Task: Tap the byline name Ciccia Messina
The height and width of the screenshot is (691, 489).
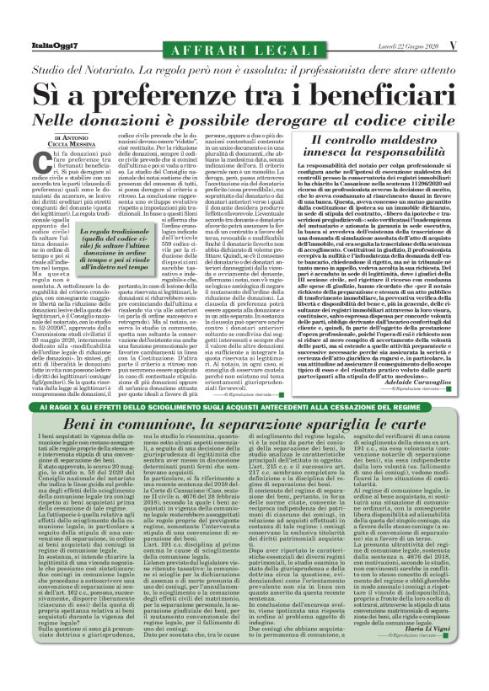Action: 59,143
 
